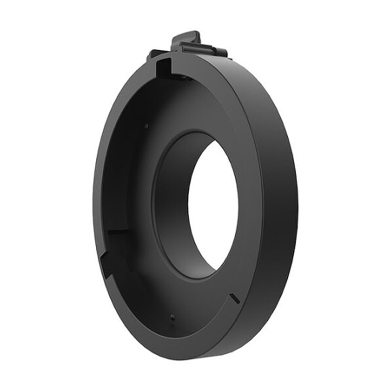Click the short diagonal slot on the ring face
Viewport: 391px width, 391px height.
tap(234, 297)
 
